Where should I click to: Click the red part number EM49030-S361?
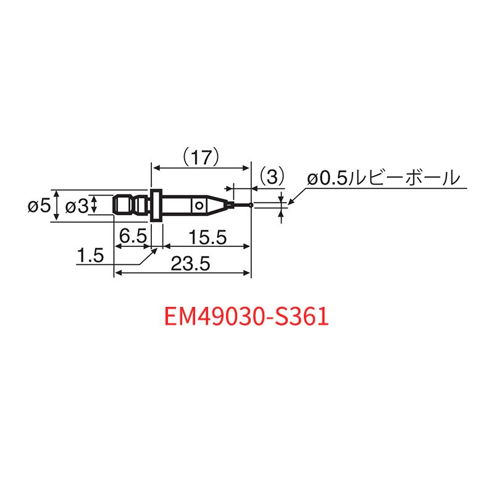click(x=246, y=317)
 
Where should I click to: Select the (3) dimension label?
click(x=272, y=177)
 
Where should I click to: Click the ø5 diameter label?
click(x=39, y=206)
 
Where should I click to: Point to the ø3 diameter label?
click(x=77, y=207)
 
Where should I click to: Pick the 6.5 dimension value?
click(x=133, y=236)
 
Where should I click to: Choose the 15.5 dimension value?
click(x=207, y=237)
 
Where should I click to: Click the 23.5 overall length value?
click(x=190, y=264)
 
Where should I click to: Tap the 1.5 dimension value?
click(x=90, y=255)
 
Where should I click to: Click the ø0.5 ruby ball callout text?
click(x=383, y=178)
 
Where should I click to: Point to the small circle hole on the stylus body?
click(x=199, y=206)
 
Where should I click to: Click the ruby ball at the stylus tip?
click(x=251, y=206)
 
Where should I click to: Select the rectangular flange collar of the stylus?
click(x=156, y=206)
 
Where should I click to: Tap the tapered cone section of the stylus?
click(x=217, y=206)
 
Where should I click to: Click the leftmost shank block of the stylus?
click(x=123, y=206)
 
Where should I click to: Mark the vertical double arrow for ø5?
click(x=56, y=206)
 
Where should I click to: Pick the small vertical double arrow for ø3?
click(x=93, y=204)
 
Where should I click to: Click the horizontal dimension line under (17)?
click(x=201, y=169)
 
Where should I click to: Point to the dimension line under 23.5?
click(x=182, y=273)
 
